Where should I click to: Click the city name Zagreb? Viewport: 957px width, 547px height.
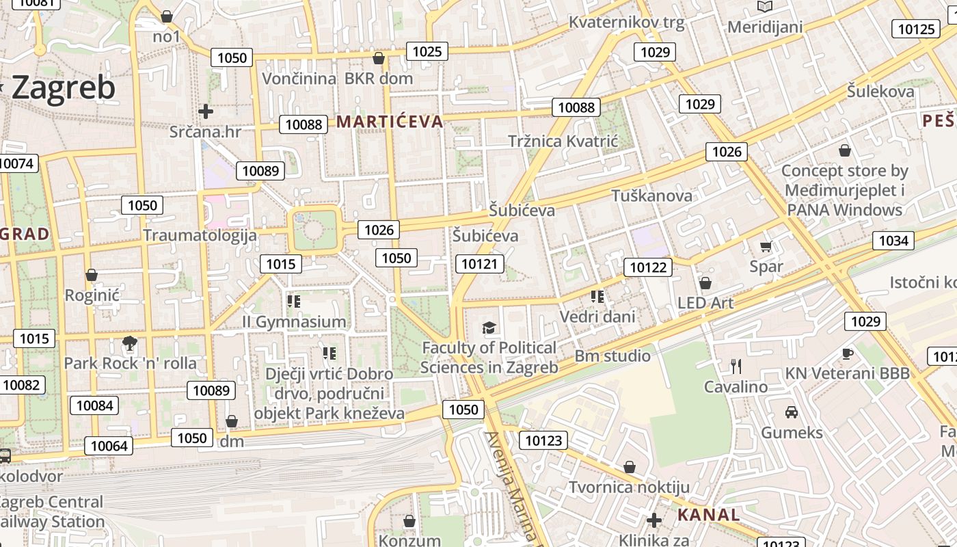(63, 88)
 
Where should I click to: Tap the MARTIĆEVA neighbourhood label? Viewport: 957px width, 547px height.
(390, 122)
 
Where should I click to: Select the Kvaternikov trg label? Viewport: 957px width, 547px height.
(626, 23)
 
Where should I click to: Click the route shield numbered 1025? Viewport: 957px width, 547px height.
(427, 51)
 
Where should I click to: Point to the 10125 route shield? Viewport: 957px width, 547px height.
(916, 29)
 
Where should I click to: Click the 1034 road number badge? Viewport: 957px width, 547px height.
(893, 241)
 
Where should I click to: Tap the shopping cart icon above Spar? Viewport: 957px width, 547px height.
(766, 246)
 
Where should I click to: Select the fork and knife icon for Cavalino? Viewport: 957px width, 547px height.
(736, 366)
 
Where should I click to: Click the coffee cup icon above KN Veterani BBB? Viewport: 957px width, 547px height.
(848, 353)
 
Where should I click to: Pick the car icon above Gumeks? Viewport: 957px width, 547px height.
(792, 412)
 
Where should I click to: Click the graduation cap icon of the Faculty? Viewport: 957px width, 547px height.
(489, 328)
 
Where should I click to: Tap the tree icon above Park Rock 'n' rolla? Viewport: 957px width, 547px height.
(129, 343)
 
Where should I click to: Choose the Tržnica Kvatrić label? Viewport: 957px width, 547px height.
(563, 142)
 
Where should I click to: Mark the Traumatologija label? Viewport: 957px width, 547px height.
(200, 235)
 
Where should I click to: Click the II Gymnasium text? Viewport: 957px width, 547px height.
(294, 321)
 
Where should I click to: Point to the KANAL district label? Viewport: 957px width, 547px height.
(708, 515)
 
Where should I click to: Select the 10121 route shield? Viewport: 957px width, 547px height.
(481, 264)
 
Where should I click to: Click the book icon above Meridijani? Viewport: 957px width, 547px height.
(764, 7)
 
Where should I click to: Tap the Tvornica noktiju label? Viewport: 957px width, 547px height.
(630, 488)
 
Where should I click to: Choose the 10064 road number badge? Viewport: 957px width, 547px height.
(109, 446)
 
